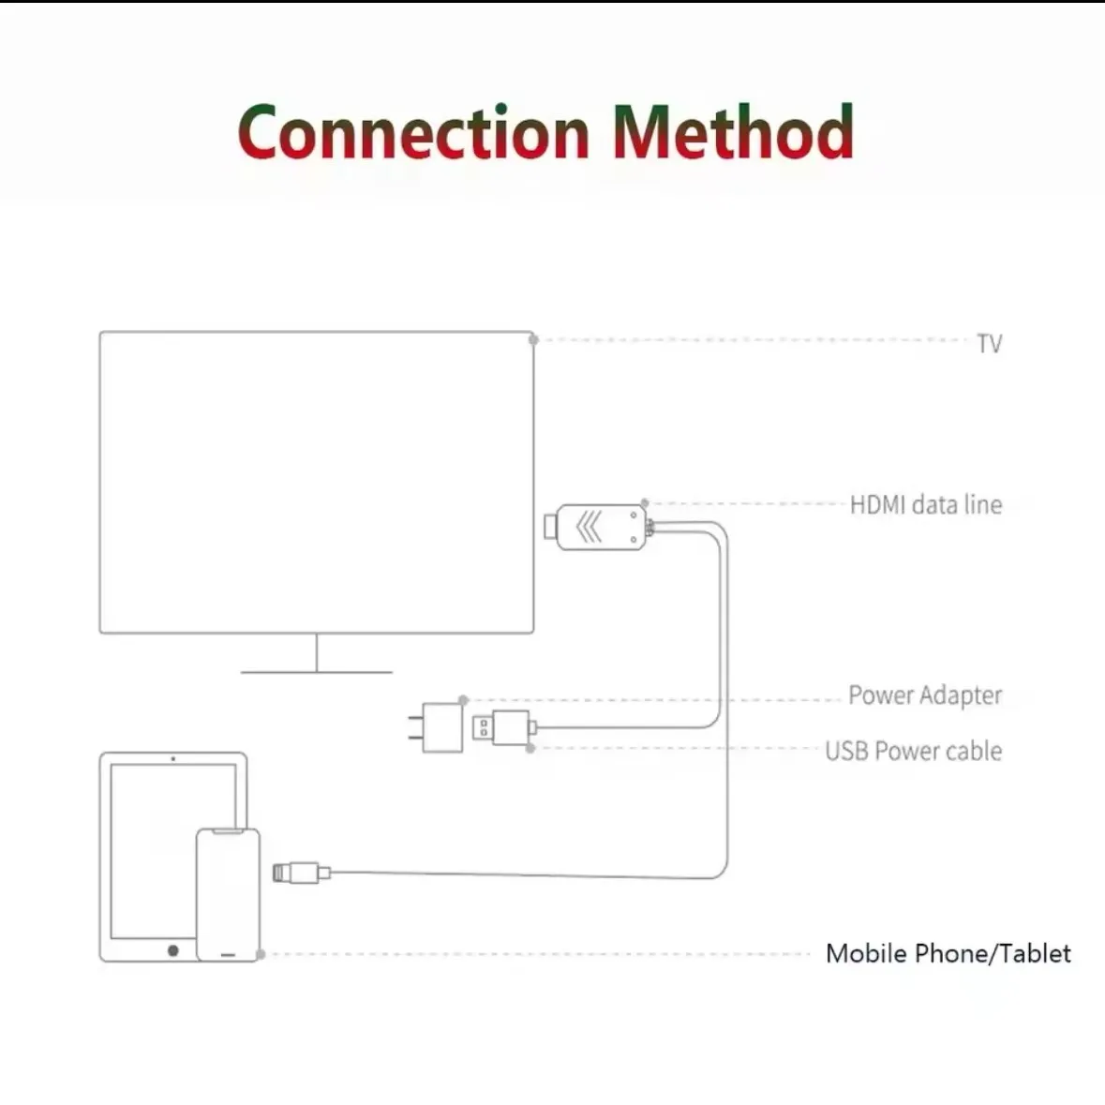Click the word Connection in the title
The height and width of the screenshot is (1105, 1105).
(x=413, y=132)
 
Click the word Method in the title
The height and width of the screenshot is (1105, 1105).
(x=732, y=132)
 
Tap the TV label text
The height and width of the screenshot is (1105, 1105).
(x=989, y=344)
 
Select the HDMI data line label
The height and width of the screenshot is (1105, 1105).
(x=925, y=505)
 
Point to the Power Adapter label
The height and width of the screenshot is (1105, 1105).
(x=924, y=695)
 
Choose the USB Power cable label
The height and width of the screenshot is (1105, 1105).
(x=913, y=751)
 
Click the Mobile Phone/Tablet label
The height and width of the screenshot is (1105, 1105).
(x=948, y=953)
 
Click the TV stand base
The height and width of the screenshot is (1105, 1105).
(x=316, y=671)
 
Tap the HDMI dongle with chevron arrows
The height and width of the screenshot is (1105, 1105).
(x=597, y=527)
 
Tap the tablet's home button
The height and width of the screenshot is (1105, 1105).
(x=172, y=950)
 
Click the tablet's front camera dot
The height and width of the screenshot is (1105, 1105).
(x=173, y=757)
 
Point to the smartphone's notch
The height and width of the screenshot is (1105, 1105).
(x=228, y=831)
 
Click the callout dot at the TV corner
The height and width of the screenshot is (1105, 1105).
(x=533, y=339)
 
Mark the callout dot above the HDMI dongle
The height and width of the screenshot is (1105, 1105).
(x=645, y=504)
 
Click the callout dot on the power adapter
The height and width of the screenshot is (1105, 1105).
(x=463, y=700)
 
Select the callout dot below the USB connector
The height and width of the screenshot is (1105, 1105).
(x=530, y=749)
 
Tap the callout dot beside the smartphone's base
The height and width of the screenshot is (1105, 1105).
(x=261, y=954)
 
